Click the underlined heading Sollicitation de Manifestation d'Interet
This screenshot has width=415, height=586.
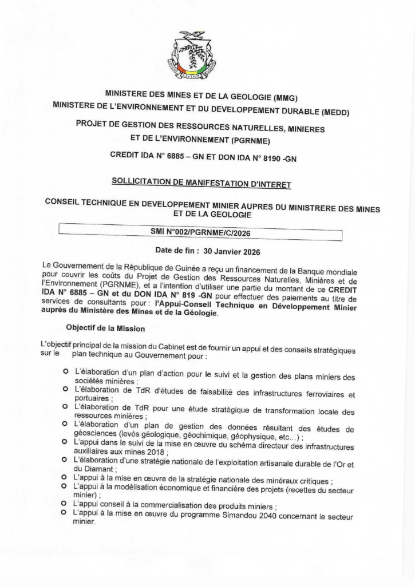point(201,184)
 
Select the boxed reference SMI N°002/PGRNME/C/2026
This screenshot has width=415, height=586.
point(201,233)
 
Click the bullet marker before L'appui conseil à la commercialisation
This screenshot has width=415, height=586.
point(66,505)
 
